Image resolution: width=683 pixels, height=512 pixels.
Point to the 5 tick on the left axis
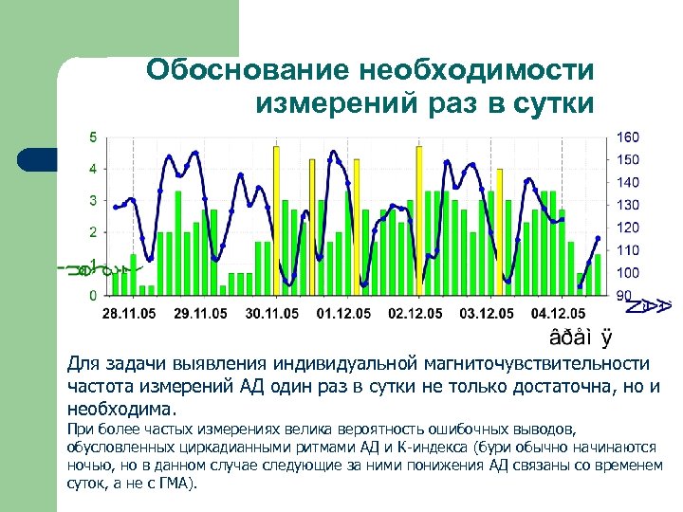click(92, 137)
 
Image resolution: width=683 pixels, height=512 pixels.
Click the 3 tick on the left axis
click(92, 200)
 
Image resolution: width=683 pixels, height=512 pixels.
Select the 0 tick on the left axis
click(92, 295)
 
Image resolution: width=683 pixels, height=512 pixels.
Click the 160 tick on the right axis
click(628, 137)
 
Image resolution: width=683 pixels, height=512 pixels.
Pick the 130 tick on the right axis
click(628, 205)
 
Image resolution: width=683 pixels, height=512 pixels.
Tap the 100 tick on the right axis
click(628, 273)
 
